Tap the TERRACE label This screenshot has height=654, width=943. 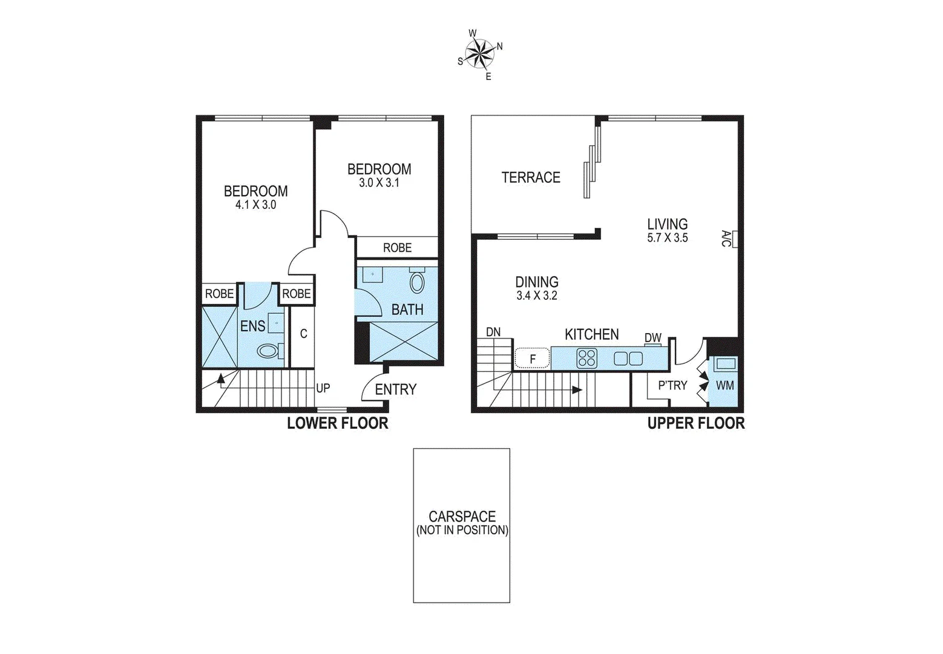[531, 177]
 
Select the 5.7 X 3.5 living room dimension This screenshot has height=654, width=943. [668, 238]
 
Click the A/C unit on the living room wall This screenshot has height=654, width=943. [734, 239]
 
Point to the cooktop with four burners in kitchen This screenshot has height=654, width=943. [586, 358]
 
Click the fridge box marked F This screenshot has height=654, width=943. [533, 358]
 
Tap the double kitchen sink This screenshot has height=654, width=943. [628, 358]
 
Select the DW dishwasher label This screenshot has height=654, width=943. [652, 338]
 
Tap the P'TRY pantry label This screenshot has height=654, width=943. [672, 385]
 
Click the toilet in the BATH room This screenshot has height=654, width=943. [417, 283]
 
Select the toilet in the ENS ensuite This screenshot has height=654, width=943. [268, 351]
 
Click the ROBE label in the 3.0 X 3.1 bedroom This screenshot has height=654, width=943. [397, 248]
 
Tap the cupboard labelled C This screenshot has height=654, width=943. [304, 334]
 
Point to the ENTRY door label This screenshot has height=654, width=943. [396, 389]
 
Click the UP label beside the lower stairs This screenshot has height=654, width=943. [323, 388]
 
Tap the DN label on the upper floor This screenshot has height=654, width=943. [493, 332]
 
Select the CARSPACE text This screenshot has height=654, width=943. [462, 517]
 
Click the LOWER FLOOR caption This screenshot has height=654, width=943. [337, 423]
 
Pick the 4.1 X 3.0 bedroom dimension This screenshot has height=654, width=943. [255, 205]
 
